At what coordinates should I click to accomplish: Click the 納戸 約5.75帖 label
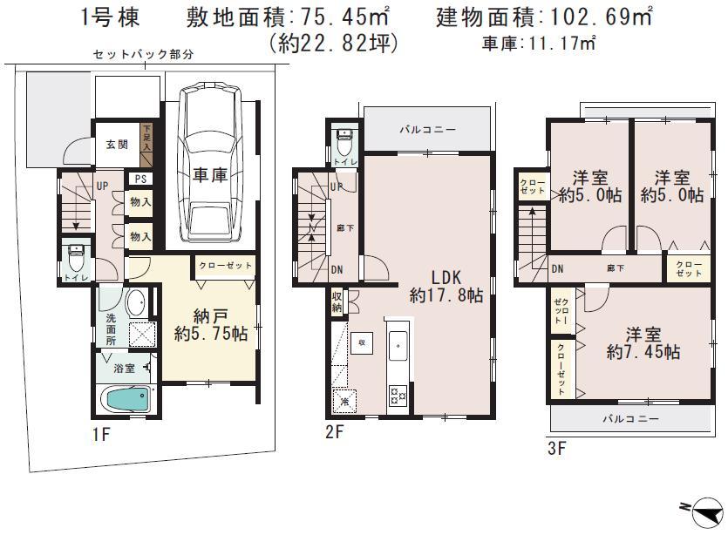209,324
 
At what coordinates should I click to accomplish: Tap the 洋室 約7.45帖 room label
643,342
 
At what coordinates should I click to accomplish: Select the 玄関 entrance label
117,145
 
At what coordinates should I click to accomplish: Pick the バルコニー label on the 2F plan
427,130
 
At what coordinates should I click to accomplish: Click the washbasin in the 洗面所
135,303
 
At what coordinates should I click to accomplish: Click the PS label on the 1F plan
139,179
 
